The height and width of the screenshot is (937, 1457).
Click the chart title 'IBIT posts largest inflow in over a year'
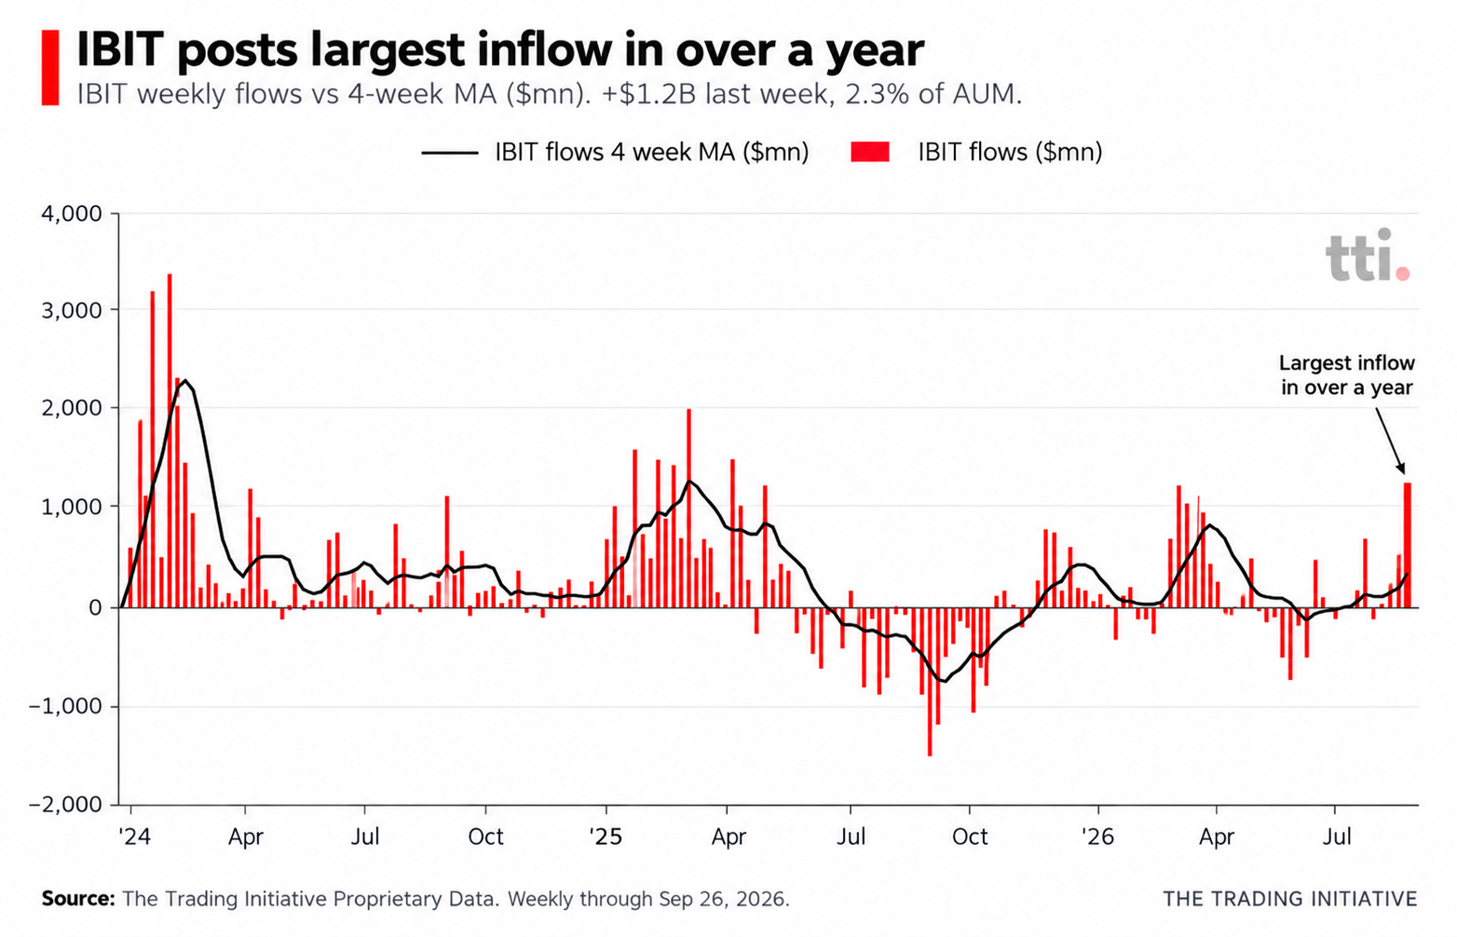tap(499, 50)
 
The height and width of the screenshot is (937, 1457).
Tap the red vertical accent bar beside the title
tap(50, 67)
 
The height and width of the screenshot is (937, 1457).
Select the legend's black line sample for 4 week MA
tap(449, 153)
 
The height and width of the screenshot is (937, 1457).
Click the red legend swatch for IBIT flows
tap(870, 152)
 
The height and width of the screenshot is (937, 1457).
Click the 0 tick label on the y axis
tap(96, 608)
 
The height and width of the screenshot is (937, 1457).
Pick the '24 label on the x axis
tap(135, 836)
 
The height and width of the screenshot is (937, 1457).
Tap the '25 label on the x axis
tap(606, 836)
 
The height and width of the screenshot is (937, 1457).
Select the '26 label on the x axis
tap(1098, 836)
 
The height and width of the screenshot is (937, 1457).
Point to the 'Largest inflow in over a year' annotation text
tap(1347, 375)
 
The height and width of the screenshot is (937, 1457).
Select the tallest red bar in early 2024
tap(170, 441)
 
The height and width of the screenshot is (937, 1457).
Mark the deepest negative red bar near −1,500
tap(930, 682)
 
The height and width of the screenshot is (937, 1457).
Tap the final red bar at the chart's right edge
tap(1407, 546)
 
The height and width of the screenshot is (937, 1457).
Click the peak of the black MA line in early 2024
tap(185, 380)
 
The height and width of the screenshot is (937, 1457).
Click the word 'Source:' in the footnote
tap(78, 900)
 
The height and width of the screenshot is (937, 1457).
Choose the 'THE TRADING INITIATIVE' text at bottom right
tap(1290, 900)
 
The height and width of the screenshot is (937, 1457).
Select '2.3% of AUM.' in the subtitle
tap(933, 95)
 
